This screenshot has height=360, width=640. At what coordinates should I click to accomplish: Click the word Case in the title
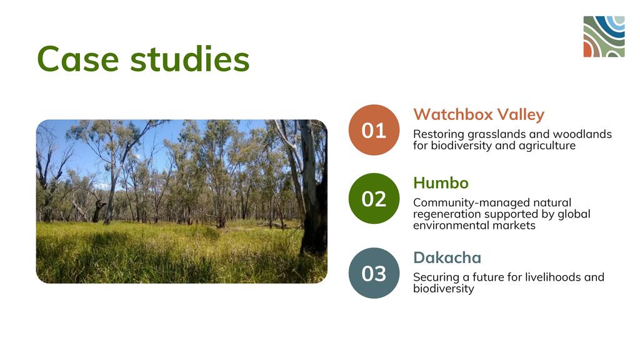point(78,59)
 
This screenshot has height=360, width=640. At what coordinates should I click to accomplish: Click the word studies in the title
point(190,59)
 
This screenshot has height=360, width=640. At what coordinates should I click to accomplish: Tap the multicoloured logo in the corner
point(604,37)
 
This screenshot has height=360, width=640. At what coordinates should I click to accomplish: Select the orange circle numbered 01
point(374,130)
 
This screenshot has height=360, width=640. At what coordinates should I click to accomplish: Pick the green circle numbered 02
point(374,198)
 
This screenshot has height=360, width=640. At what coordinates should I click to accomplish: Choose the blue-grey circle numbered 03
point(374,273)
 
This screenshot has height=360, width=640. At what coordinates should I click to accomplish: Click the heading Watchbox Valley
point(479,115)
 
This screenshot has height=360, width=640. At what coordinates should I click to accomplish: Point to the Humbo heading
point(441,183)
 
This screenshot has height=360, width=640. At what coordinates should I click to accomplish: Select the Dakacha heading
point(447,257)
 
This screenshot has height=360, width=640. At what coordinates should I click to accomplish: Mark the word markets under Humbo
point(514,225)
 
